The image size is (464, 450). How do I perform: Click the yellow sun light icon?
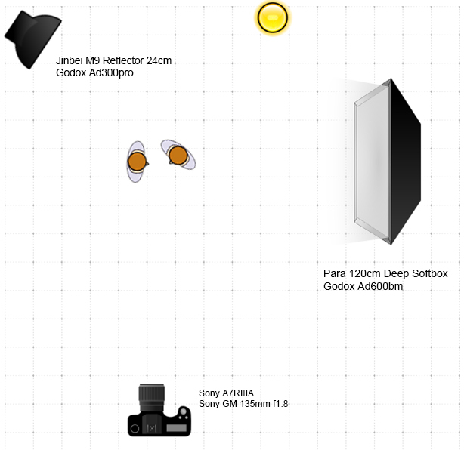pos(272,17)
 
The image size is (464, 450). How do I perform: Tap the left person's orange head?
pos(137,161)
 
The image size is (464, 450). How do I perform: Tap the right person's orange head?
pos(178,155)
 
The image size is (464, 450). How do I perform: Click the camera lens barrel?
pos(152,397)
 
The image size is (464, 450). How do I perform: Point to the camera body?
pos(159,424)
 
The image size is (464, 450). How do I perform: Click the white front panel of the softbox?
pos(371,162)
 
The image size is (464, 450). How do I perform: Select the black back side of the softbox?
pos(404,162)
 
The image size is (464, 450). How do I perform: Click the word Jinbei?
pos(72,60)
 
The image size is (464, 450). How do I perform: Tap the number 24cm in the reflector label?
pos(160,60)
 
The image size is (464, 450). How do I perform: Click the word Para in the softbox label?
pos(334,273)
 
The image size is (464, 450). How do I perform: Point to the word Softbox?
pos(427,273)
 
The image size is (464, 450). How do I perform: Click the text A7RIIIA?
pos(239,393)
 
